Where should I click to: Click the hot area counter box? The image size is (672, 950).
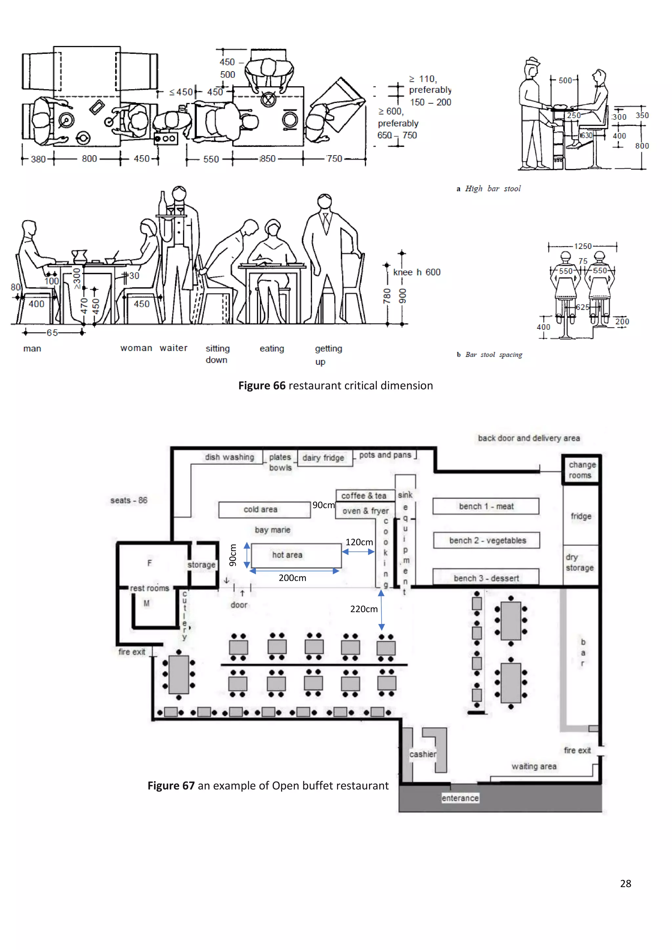coord(296,555)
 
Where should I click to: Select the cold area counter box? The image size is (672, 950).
coord(264,509)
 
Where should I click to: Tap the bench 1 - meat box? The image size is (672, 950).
coord(486,506)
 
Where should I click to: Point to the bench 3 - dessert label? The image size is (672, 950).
coord(486,578)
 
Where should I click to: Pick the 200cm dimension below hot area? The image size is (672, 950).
coord(292,578)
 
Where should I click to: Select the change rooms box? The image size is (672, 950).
coord(581,470)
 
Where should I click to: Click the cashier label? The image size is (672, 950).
coord(423,754)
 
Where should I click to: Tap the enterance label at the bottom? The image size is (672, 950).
coord(460,798)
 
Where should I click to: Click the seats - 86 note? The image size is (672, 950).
coord(129,500)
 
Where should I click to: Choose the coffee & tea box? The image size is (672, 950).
coord(364,495)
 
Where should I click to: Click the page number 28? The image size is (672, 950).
coord(625,883)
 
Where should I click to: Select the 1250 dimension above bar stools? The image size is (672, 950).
coord(583,246)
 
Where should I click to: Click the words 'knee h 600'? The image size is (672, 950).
coord(416,272)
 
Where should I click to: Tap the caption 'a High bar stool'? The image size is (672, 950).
coord(489,189)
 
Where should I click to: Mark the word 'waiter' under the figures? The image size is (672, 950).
coord(173,348)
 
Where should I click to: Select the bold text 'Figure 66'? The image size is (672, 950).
coord(262,386)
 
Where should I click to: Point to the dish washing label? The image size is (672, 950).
coord(229,457)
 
